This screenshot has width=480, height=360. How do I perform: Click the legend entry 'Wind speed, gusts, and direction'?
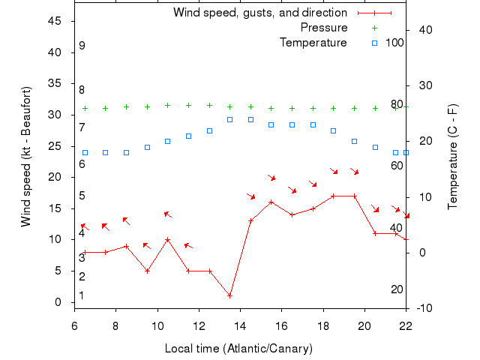[260, 13]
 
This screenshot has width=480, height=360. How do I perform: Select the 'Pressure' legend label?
[324, 28]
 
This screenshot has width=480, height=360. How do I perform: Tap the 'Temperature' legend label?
[313, 43]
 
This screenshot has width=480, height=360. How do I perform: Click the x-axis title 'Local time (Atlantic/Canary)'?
[238, 349]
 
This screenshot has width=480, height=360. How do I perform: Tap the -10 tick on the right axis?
[424, 308]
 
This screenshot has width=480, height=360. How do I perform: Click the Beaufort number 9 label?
[82, 46]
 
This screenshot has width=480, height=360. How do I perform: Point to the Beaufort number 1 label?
[82, 295]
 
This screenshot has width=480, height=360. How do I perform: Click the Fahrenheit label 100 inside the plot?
[394, 43]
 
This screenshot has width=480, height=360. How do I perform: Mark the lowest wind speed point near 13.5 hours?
[230, 295]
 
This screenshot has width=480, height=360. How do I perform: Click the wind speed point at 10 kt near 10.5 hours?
[168, 240]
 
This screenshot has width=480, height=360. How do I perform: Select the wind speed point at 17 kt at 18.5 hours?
[334, 196]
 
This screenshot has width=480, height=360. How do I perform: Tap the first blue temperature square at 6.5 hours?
[85, 152]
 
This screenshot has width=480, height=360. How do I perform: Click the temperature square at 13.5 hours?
[230, 119]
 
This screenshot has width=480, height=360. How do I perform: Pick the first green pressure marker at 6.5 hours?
[85, 108]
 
